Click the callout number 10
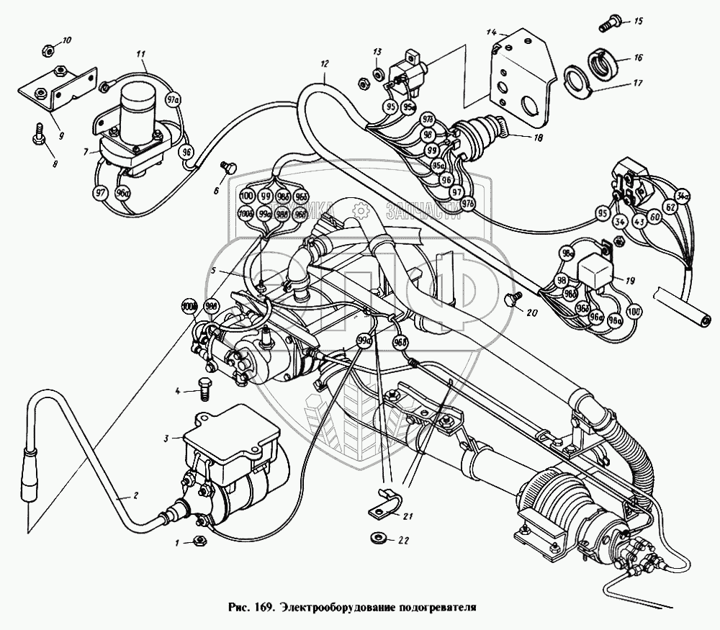coord(66,40)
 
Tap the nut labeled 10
coord(44,50)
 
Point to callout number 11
coord(140,54)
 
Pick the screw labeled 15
coord(606,24)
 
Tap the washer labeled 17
coord(575,81)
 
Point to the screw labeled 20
coord(513,300)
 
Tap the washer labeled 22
coord(377,538)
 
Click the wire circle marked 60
coord(654,217)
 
